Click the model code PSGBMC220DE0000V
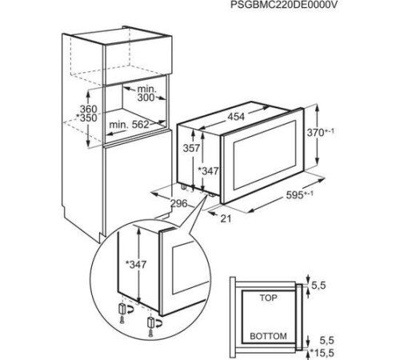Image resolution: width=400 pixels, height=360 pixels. click(x=282, y=6)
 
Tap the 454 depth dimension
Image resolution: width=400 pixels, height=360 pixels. click(x=236, y=117)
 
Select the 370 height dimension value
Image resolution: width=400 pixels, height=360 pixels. click(x=315, y=133)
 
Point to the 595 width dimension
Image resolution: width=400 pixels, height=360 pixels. click(x=294, y=195)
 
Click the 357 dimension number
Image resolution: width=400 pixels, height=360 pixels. click(x=191, y=148)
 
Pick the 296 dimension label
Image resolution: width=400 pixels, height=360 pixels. click(x=178, y=204)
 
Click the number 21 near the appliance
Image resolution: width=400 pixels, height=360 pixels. click(x=226, y=218)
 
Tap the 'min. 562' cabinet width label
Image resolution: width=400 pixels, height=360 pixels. click(x=129, y=124)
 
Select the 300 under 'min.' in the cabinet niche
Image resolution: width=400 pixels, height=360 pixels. click(x=146, y=98)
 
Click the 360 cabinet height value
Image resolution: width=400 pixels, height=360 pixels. click(x=89, y=109)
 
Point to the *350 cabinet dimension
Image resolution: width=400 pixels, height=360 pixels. click(x=86, y=118)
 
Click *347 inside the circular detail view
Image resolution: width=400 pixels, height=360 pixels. click(x=136, y=264)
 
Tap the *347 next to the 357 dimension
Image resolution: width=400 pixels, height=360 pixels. click(x=208, y=171)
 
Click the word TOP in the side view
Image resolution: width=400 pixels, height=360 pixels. click(x=269, y=298)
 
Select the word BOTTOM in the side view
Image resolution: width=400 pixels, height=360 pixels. click(x=268, y=336)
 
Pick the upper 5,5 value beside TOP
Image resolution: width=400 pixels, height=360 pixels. click(x=318, y=286)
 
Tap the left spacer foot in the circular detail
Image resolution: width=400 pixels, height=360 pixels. click(x=122, y=310)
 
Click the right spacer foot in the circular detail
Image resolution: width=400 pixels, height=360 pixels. click(x=150, y=323)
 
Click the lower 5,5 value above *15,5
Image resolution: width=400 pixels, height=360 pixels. click(x=327, y=341)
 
